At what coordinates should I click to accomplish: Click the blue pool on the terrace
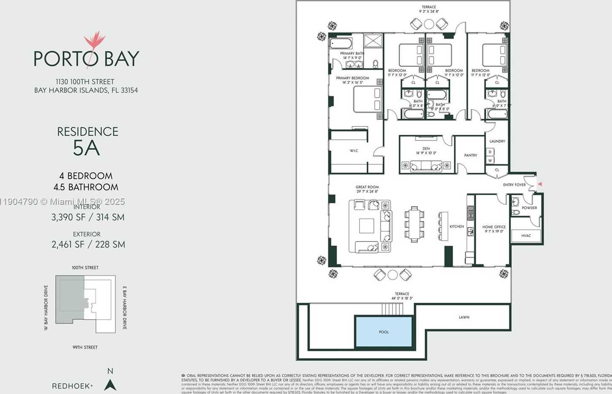click(x=384, y=332)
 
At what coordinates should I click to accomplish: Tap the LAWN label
click(x=464, y=317)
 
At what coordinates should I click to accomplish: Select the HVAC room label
click(x=526, y=236)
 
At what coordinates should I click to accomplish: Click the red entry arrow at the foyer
click(x=539, y=184)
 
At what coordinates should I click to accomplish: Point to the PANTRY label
click(x=470, y=155)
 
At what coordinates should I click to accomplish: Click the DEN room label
click(x=426, y=149)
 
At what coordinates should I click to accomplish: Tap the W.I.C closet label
click(x=354, y=151)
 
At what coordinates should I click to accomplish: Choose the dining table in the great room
click(x=414, y=224)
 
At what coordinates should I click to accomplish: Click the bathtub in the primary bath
click(x=341, y=43)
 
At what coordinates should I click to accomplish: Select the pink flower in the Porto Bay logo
click(x=94, y=41)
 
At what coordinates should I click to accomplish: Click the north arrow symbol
click(x=110, y=385)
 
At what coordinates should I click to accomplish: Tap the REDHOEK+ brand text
click(x=72, y=386)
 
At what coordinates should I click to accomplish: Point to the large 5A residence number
click(x=87, y=148)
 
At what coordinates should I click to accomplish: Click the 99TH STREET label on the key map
click(x=85, y=347)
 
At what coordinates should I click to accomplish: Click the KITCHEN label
click(x=456, y=226)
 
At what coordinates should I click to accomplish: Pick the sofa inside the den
click(x=426, y=166)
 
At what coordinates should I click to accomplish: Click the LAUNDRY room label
click(x=497, y=141)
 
